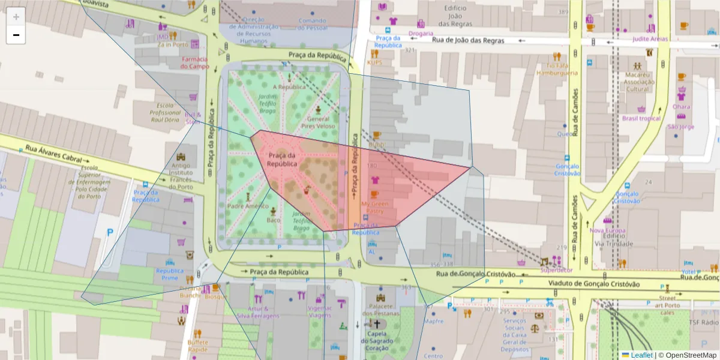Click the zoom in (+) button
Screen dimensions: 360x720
[16, 17]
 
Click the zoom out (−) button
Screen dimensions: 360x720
[16, 35]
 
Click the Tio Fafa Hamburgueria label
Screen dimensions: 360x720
[557, 69]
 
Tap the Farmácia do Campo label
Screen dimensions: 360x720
[194, 62]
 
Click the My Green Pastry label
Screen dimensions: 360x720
[375, 208]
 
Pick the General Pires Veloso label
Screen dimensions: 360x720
[319, 123]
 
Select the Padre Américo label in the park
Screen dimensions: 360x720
[248, 206]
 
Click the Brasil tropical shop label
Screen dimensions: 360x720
[641, 118]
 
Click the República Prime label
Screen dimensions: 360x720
[170, 274]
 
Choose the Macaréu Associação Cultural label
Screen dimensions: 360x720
[637, 82]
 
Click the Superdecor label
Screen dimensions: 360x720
[556, 270]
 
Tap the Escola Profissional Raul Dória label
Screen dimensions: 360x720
[165, 113]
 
